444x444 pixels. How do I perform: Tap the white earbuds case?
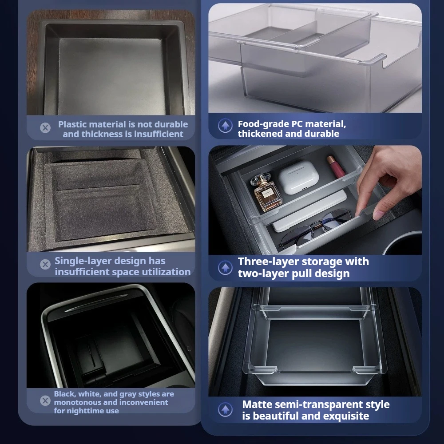(x=298, y=177)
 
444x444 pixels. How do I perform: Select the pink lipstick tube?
(x=336, y=166)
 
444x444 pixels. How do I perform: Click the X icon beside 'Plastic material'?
(x=45, y=128)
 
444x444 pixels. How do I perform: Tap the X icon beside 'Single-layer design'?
(x=45, y=265)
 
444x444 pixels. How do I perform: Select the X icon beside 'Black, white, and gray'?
(x=45, y=400)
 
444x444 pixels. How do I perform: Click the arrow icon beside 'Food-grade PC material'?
(x=226, y=126)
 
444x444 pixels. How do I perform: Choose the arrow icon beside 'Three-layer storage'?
(x=226, y=267)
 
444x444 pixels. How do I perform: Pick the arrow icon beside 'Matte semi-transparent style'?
(x=226, y=409)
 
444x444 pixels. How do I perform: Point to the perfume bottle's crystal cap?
(x=258, y=179)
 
